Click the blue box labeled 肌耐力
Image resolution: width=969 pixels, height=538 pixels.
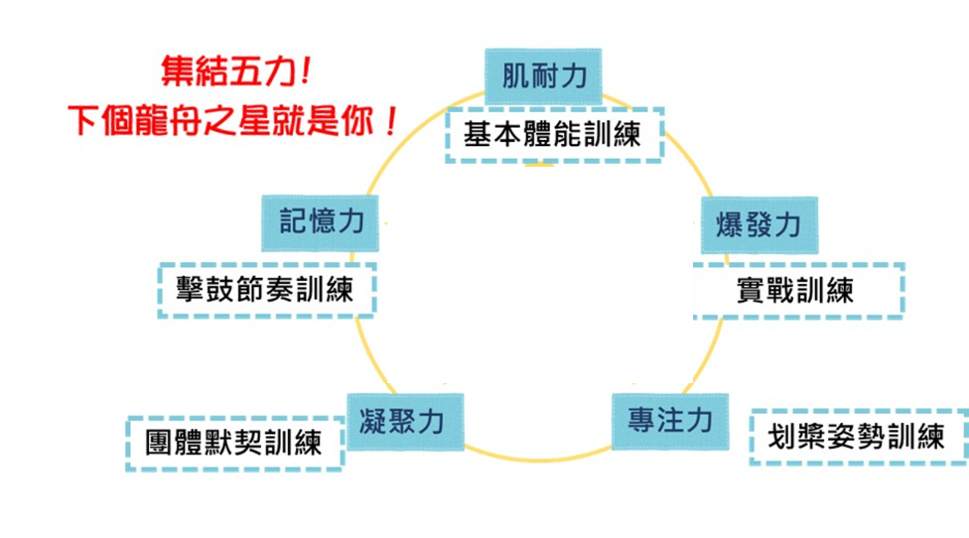click(x=543, y=77)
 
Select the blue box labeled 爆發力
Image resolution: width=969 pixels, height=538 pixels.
click(x=759, y=225)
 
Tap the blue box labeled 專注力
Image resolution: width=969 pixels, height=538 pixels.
click(x=670, y=422)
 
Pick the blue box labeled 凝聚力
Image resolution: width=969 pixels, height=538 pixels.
click(x=405, y=422)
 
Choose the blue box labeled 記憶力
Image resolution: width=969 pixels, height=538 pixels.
click(x=320, y=222)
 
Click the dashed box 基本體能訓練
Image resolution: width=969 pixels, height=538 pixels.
click(x=554, y=135)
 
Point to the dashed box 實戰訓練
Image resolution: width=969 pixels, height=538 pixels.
click(x=798, y=290)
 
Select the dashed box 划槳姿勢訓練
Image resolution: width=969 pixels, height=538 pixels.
click(x=857, y=437)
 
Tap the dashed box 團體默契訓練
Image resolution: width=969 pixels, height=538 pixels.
click(x=234, y=443)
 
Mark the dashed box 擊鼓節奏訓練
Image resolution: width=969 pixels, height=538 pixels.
click(x=266, y=290)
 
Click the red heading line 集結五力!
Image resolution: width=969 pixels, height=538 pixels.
click(x=236, y=71)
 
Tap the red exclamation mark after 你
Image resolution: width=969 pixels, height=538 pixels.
click(x=392, y=120)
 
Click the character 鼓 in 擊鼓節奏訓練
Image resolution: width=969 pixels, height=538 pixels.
click(x=219, y=290)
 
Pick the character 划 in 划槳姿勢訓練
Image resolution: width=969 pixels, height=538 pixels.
click(x=782, y=437)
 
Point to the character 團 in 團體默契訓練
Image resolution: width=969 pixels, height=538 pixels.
click(x=159, y=443)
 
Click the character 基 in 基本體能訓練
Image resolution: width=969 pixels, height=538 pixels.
click(x=477, y=135)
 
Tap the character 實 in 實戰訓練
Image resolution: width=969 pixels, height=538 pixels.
click(x=750, y=290)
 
